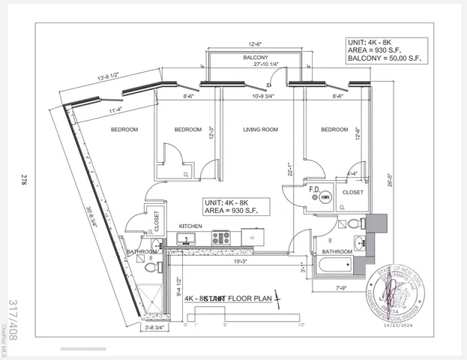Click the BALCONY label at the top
(x=256, y=58)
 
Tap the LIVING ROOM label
(x=260, y=130)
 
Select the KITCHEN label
(x=190, y=226)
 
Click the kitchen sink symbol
(x=184, y=239)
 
